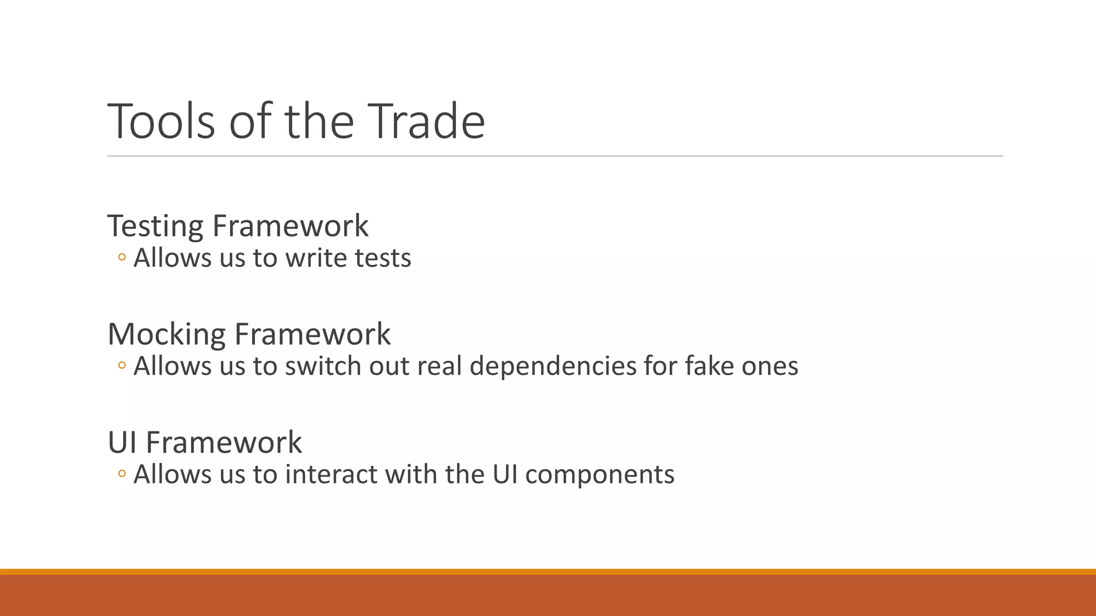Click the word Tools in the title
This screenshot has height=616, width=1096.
tap(161, 121)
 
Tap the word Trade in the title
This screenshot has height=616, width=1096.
tap(427, 121)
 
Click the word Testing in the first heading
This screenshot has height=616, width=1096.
tap(155, 226)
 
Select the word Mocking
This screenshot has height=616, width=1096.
tap(166, 334)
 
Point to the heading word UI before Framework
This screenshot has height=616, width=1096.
tap(123, 442)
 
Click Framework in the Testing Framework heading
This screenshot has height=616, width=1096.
tap(291, 226)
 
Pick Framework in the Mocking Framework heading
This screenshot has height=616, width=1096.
tap(313, 334)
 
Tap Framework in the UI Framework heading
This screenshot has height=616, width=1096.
tap(224, 442)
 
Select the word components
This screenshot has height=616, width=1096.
tap(600, 475)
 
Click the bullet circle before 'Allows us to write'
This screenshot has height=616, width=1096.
tap(122, 258)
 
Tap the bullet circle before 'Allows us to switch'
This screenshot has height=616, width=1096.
tap(122, 366)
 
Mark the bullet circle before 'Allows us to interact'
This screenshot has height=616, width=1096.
tap(122, 474)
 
